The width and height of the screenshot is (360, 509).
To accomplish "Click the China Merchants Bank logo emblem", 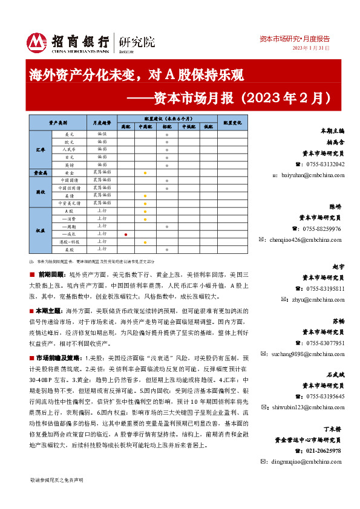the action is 36,41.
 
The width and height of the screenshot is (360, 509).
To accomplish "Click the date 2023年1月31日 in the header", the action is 311,48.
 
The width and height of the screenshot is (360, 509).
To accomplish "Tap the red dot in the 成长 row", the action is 125,234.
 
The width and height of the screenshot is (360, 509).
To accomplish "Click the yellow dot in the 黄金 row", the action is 145,173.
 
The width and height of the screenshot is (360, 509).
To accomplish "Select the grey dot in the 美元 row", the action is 167,134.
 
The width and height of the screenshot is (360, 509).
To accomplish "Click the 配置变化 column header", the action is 232,122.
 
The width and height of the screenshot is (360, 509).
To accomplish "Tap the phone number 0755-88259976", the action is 320,229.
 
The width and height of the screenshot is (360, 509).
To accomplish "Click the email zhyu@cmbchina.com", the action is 316,299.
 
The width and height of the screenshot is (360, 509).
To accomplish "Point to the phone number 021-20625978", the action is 324,451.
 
